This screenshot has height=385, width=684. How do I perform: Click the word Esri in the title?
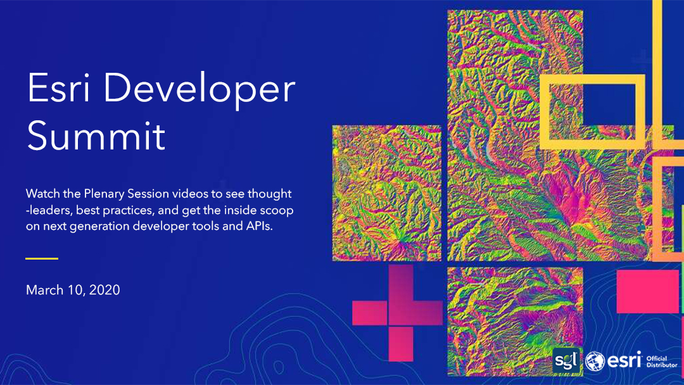coord(59,89)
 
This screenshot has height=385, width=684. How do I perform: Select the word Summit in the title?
coord(96,136)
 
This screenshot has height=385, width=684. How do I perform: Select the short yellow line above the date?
coord(42,258)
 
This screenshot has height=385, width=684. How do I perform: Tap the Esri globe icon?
coord(595,362)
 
